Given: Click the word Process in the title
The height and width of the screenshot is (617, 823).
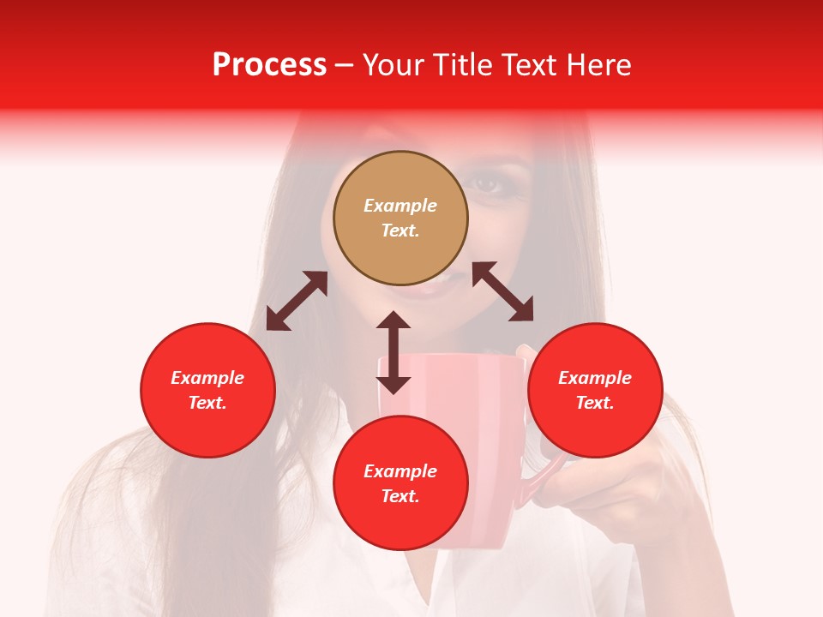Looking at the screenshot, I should [x=269, y=65].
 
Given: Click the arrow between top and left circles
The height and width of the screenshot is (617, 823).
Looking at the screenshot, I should [x=297, y=301].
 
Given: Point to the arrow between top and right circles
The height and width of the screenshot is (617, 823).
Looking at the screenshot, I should [x=502, y=291].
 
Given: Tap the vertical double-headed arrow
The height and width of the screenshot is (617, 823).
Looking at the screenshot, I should [x=393, y=352].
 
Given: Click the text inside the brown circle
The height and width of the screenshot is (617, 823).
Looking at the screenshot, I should [x=400, y=218].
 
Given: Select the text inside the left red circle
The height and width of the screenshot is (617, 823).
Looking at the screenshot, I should [x=207, y=390].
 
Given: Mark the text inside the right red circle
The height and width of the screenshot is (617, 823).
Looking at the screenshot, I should [x=595, y=390].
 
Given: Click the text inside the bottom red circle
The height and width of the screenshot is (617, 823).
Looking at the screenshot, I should [x=400, y=483].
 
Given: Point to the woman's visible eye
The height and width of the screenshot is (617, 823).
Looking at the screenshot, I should [x=488, y=183].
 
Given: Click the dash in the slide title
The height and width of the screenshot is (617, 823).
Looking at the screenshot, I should [x=345, y=65].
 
